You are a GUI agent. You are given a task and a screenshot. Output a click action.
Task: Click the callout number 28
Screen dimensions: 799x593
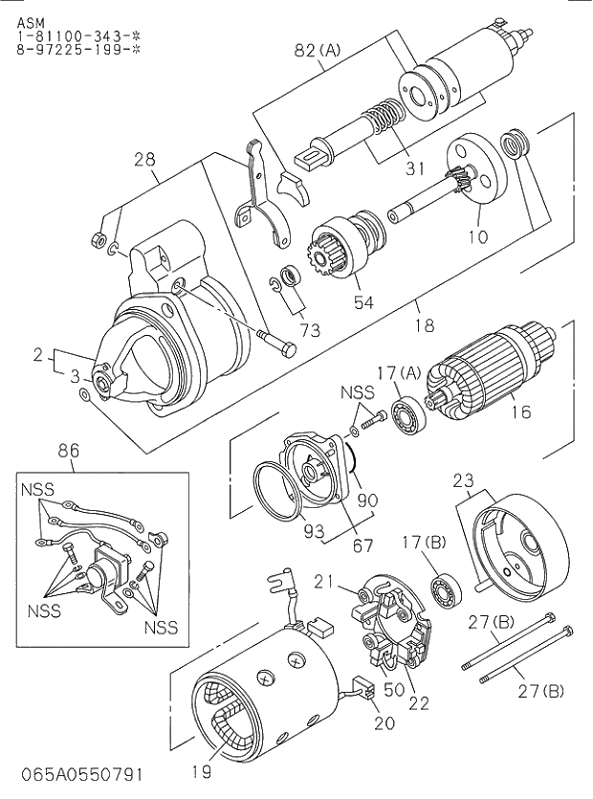point(144,160)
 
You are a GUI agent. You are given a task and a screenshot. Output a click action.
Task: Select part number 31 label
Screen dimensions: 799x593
point(413,168)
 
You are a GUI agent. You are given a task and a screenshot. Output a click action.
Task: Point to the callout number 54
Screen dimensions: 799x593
point(363,303)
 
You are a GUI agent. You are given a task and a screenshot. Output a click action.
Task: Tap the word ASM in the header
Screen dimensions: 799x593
point(30,21)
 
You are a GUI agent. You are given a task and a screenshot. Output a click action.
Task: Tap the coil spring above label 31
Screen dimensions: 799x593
point(383,119)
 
